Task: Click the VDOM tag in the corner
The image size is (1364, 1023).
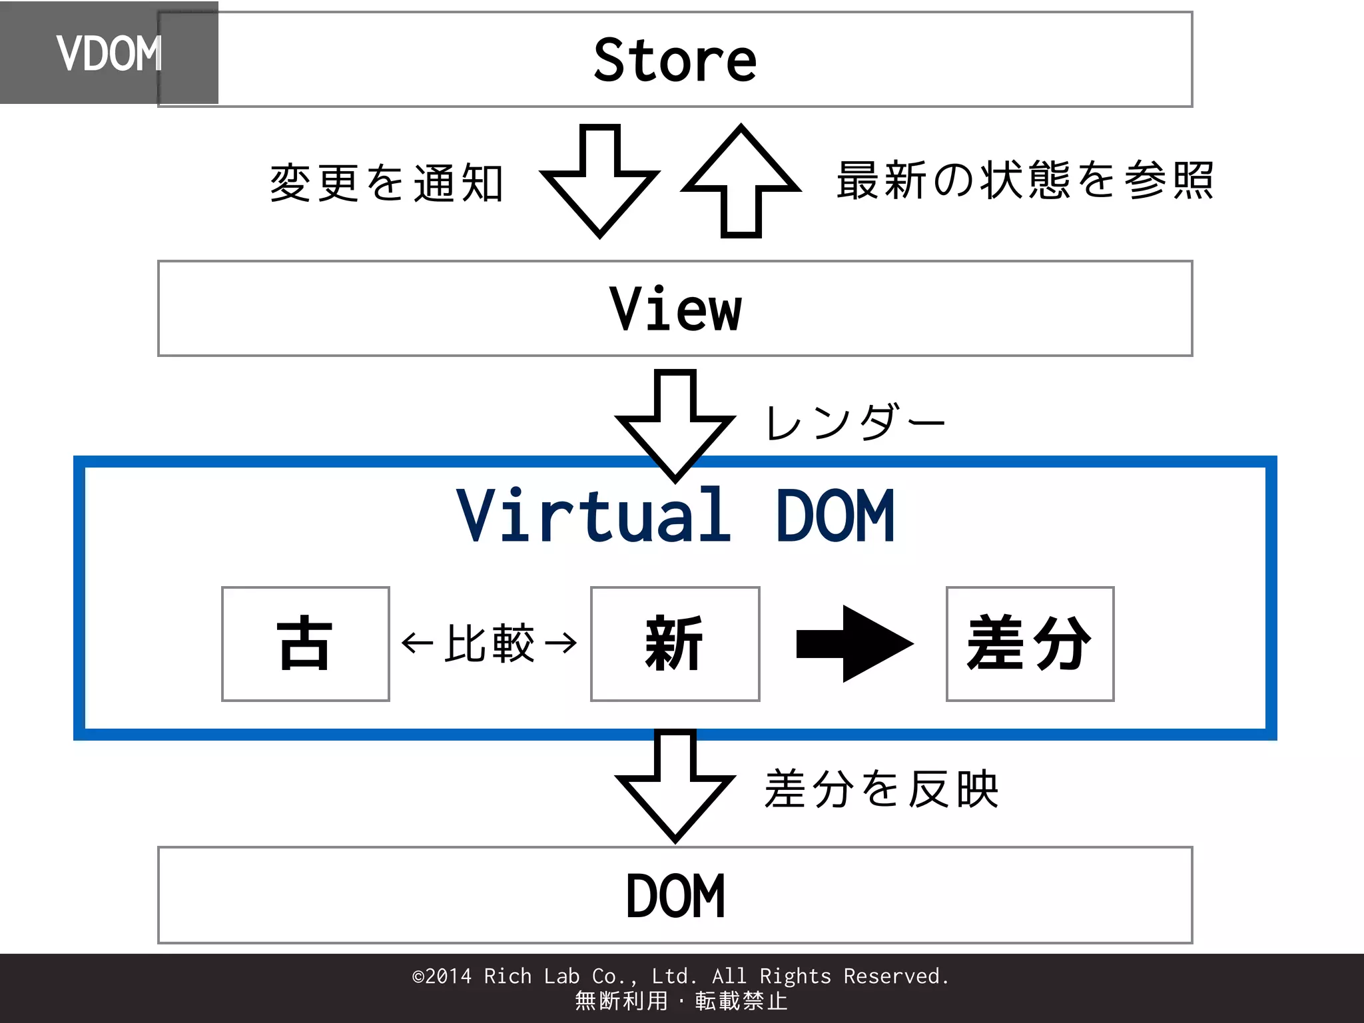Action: pos(109,53)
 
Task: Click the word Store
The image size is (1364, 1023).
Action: pos(675,61)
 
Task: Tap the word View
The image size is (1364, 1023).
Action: pos(675,309)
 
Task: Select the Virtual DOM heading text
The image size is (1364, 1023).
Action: pos(675,515)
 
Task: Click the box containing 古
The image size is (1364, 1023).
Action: pos(305,643)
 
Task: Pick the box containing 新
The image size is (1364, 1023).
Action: pos(675,643)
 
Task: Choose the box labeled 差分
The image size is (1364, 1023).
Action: pos(1030,643)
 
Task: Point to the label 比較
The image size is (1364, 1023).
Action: pos(490,643)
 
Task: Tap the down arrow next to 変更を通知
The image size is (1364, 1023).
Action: pos(599,180)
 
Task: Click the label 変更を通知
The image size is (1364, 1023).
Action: pos(386,183)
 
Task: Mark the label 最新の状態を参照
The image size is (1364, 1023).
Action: pos(1025,180)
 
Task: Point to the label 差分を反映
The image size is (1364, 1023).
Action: pos(881,789)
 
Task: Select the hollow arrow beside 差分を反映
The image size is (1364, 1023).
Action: pos(675,786)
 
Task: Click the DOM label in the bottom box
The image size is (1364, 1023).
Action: pos(675,896)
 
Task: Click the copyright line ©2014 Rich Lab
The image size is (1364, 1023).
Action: pos(681,976)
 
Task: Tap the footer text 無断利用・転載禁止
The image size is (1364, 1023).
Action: pos(681,1001)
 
